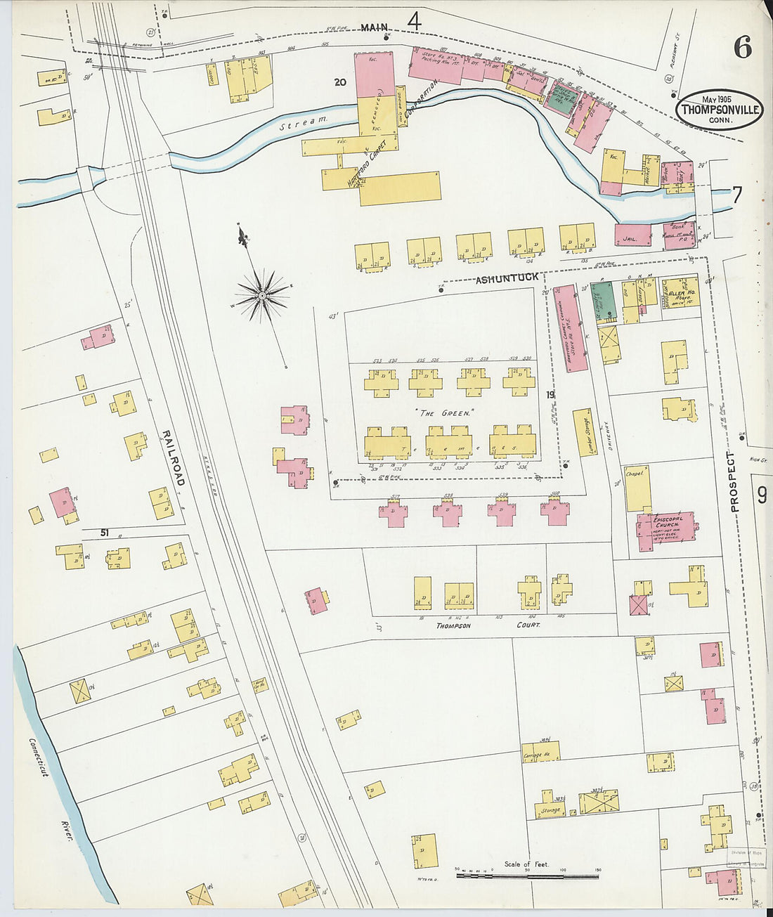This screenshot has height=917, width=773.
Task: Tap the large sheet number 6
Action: click(742, 47)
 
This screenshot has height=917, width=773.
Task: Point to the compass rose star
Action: click(261, 296)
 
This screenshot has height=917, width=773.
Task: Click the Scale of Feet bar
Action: click(527, 876)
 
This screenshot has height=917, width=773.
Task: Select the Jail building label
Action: click(630, 240)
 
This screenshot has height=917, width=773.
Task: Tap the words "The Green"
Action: click(445, 413)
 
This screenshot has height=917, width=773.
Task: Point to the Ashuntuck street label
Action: click(507, 279)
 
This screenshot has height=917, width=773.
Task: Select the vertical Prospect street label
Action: click(735, 481)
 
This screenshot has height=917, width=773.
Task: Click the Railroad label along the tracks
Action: click(174, 457)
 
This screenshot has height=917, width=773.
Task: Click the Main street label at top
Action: click(375, 27)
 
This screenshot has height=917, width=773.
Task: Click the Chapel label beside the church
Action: click(635, 474)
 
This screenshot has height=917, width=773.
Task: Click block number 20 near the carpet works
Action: click(340, 82)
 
